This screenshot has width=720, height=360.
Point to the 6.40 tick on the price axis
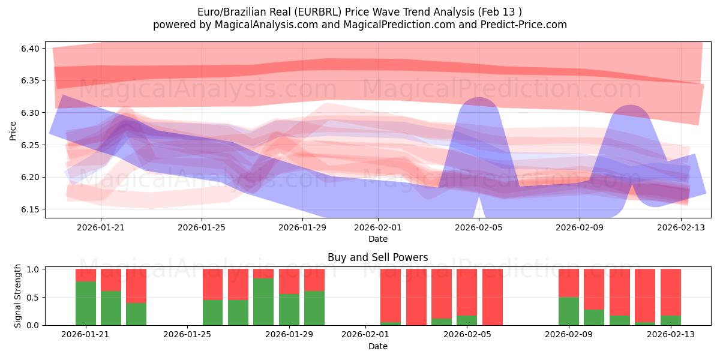coord(29,49)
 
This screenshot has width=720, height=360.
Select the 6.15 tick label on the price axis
coord(29,209)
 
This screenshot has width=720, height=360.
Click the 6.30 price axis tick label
coord(29,113)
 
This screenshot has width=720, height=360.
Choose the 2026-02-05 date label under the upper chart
coord(479,227)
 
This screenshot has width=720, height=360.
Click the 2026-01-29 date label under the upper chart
coord(302,227)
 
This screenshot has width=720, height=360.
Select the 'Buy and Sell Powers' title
coord(377,257)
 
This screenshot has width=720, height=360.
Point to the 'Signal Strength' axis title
coord(18,296)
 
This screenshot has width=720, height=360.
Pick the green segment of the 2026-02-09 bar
coord(568,311)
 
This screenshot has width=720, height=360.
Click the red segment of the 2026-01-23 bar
coord(136,286)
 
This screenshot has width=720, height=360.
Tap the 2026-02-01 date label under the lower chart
coord(365,334)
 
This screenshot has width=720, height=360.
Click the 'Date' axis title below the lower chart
coord(377,346)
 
